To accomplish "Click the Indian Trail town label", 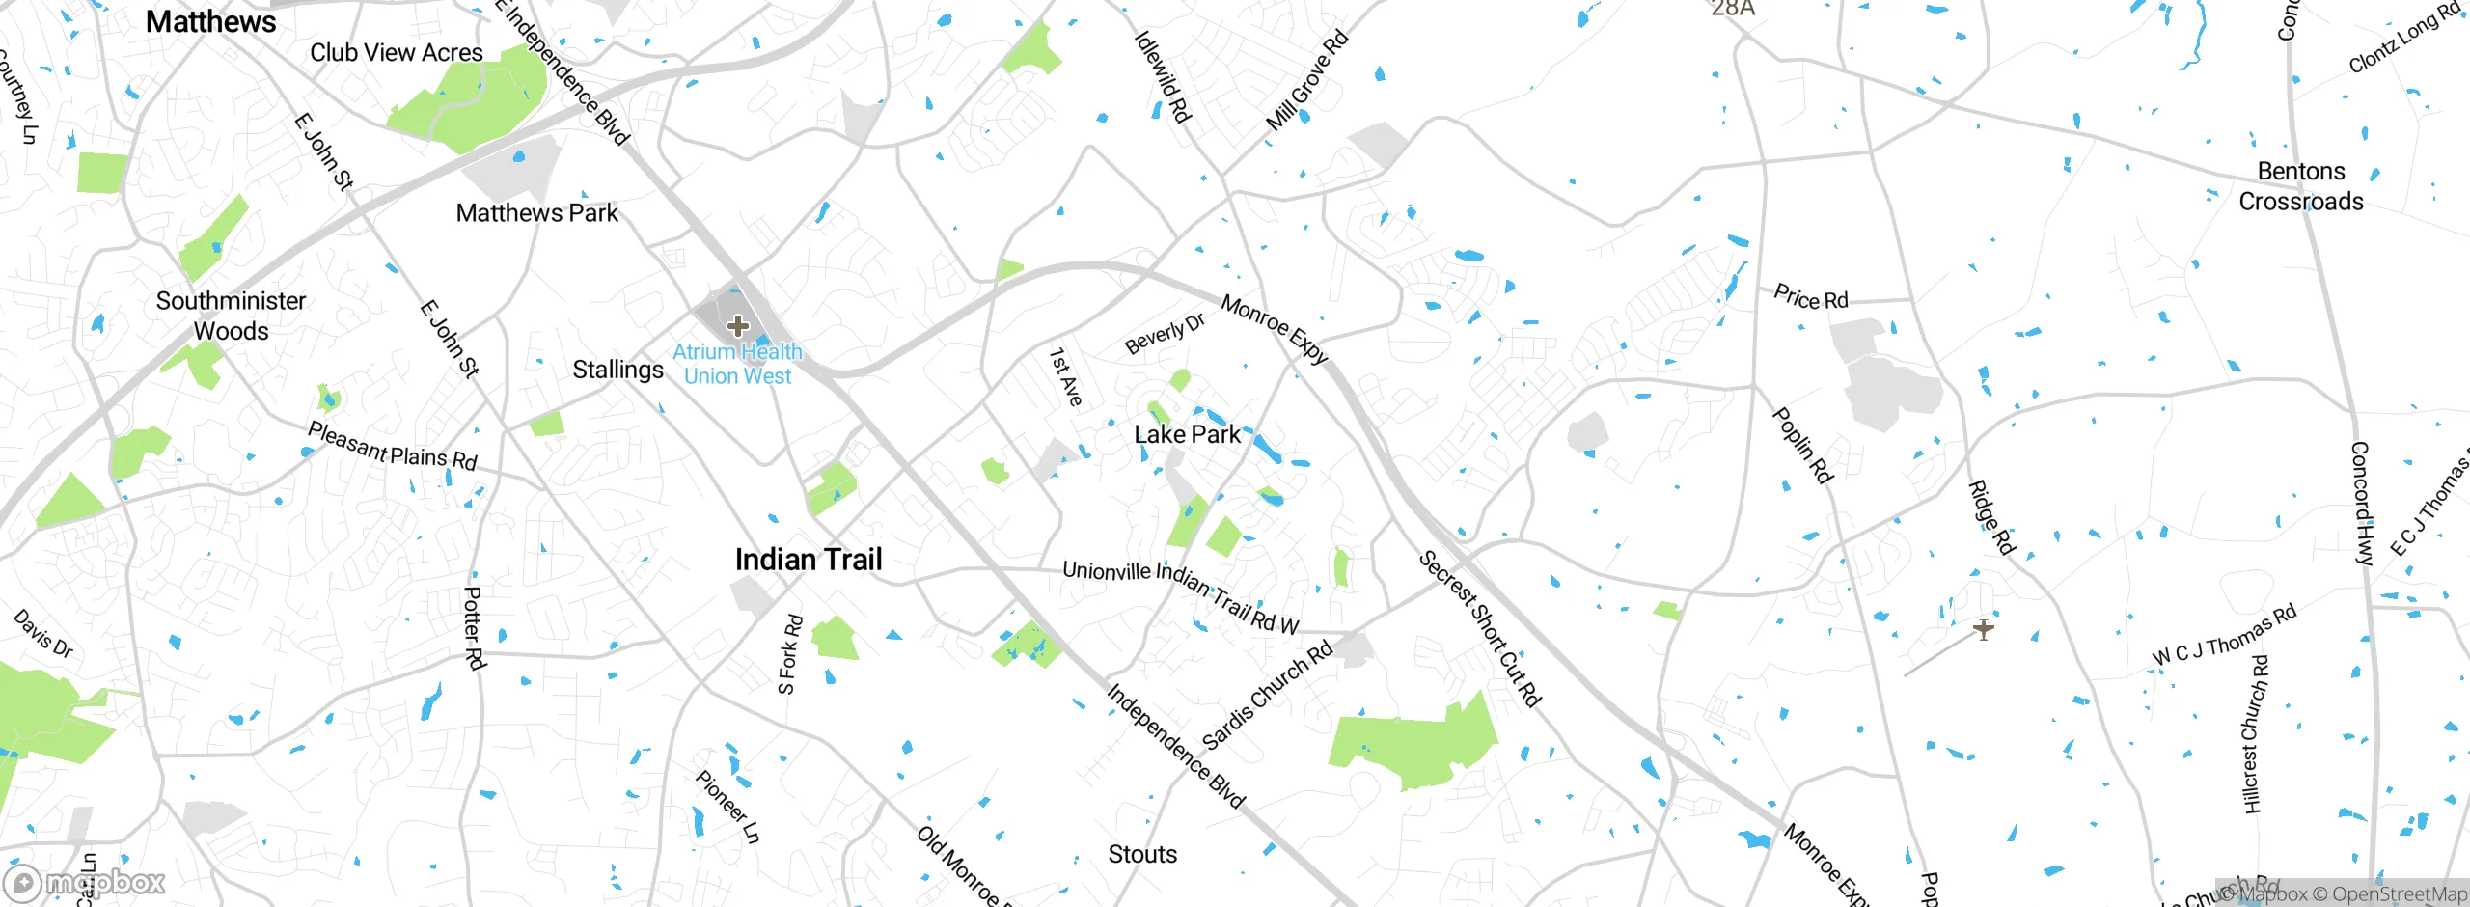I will coord(809,560).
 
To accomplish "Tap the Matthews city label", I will coord(210,21).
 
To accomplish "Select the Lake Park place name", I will coord(1187,435).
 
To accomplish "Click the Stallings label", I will coord(617,370).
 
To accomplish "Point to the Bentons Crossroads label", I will coord(2301,186).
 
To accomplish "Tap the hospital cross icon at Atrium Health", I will coord(738,326).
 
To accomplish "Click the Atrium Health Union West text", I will coord(738,365).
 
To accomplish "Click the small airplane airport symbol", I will coord(1983,630).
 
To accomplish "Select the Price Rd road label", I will coord(1811,298).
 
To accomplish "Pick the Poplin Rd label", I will coord(1802,445).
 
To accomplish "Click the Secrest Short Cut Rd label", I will coord(1479,628).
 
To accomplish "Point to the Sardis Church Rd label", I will coord(1267,695).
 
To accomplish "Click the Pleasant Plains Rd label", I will coord(392,447).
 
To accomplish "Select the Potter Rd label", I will coord(474,628).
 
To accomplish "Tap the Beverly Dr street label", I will coord(1165,334).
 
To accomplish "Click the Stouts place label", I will coord(1142,854).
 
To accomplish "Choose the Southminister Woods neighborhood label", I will coord(231,316).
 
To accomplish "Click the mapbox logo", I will coord(85,882).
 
